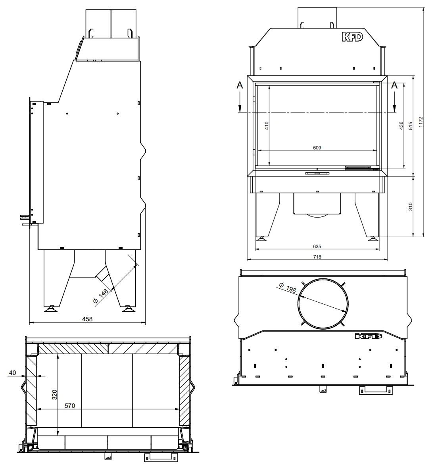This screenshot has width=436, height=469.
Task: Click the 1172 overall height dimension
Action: (x=421, y=122)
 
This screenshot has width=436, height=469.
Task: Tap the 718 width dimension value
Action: (x=317, y=257)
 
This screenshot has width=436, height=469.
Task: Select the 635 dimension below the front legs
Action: (x=317, y=247)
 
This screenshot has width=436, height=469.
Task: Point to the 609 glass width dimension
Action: (x=317, y=148)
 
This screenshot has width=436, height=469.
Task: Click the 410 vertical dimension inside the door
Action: (x=267, y=125)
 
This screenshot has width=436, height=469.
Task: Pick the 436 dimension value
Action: (x=401, y=125)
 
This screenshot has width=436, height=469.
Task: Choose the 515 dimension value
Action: (x=410, y=125)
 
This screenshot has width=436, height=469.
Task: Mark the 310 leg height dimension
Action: (x=410, y=207)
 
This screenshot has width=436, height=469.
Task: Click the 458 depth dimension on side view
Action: (x=87, y=319)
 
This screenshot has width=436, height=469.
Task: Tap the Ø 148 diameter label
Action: (x=100, y=296)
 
